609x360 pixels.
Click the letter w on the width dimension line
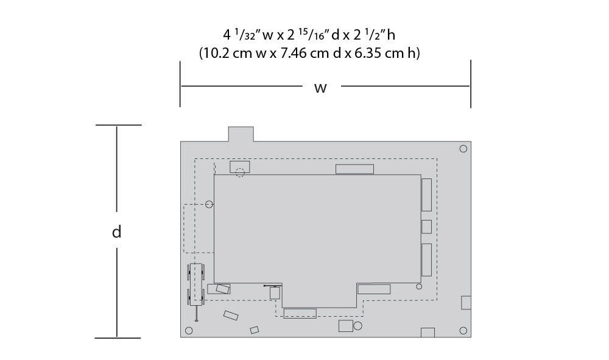(x=320, y=88)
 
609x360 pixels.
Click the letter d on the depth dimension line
(x=116, y=231)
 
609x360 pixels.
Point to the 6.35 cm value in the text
(x=379, y=53)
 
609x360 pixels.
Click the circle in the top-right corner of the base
(x=463, y=149)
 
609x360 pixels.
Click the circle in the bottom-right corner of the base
(x=463, y=331)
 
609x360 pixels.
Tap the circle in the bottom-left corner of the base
(x=189, y=331)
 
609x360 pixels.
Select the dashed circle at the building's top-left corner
(x=240, y=172)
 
